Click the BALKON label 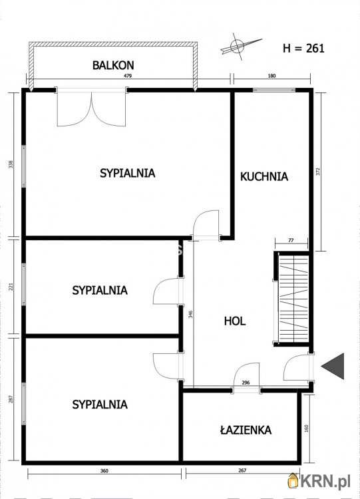click(113, 65)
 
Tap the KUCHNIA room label click(264, 176)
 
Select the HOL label click(235, 321)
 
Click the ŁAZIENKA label click(246, 430)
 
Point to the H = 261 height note click(303, 48)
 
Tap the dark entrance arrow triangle click(333, 367)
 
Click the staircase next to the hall click(293, 299)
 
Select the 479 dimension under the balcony click(128, 76)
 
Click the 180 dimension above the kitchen click(272, 76)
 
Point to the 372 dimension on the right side click(318, 172)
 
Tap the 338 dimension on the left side click(11, 164)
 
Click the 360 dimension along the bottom click(104, 471)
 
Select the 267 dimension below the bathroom click(242, 470)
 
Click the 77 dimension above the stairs click(291, 241)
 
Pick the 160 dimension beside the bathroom click(307, 428)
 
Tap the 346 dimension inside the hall click(191, 315)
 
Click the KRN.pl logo click(319, 480)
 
